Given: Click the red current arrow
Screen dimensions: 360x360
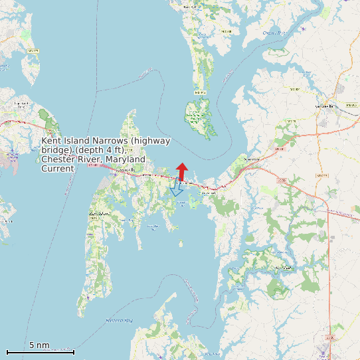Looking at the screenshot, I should (x=181, y=171).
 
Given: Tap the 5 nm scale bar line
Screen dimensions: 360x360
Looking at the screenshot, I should (x=40, y=352).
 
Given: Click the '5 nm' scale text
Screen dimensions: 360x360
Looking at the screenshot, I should (x=39, y=345).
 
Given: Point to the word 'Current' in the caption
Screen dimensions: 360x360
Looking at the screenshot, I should (x=58, y=169).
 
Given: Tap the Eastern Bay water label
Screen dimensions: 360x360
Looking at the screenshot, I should (x=120, y=321).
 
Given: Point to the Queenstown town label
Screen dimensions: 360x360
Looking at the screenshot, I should (x=250, y=160).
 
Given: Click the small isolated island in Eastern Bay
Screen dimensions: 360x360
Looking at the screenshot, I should (x=181, y=244).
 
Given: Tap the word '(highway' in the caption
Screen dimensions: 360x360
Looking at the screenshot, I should (x=151, y=141).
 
